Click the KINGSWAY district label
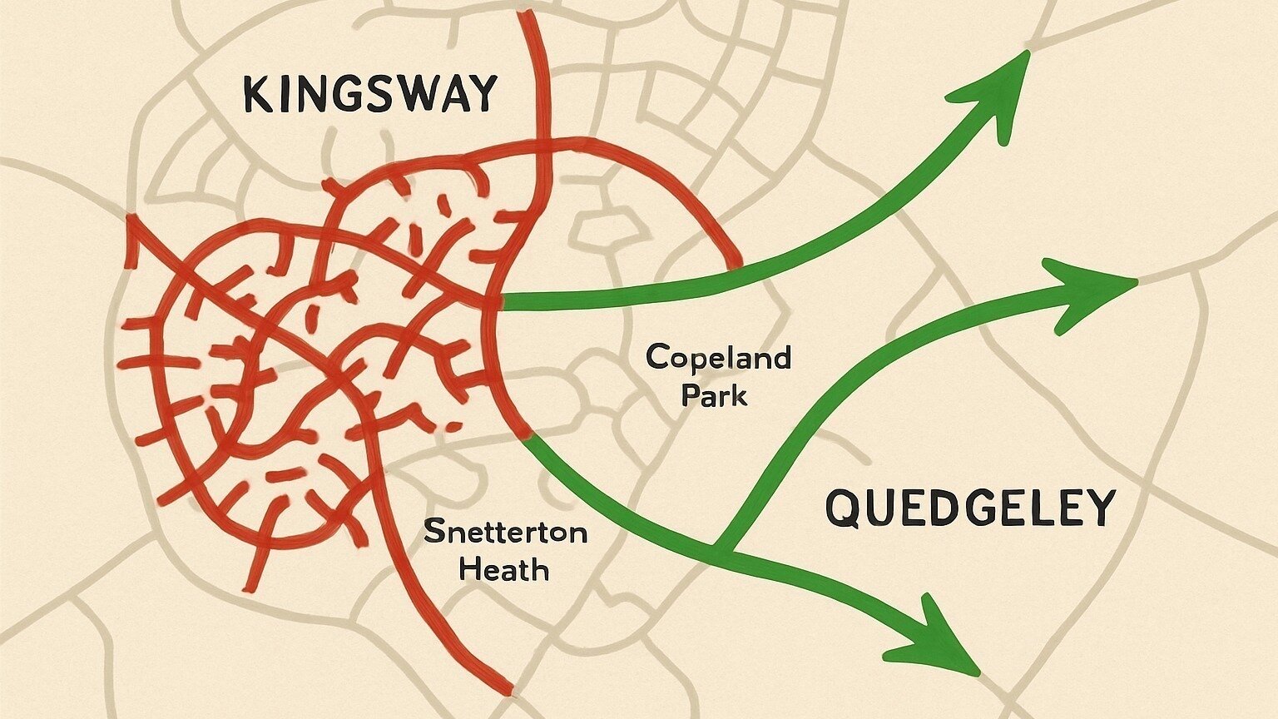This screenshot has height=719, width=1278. [x=369, y=94]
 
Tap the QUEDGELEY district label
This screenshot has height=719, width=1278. [x=969, y=508]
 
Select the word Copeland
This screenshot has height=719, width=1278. [x=718, y=359]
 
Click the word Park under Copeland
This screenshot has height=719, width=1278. [x=714, y=394]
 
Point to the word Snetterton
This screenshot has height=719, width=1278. [x=505, y=532]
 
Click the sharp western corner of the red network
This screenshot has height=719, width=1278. [x=130, y=221]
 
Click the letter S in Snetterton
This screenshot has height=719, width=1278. [x=433, y=532]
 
